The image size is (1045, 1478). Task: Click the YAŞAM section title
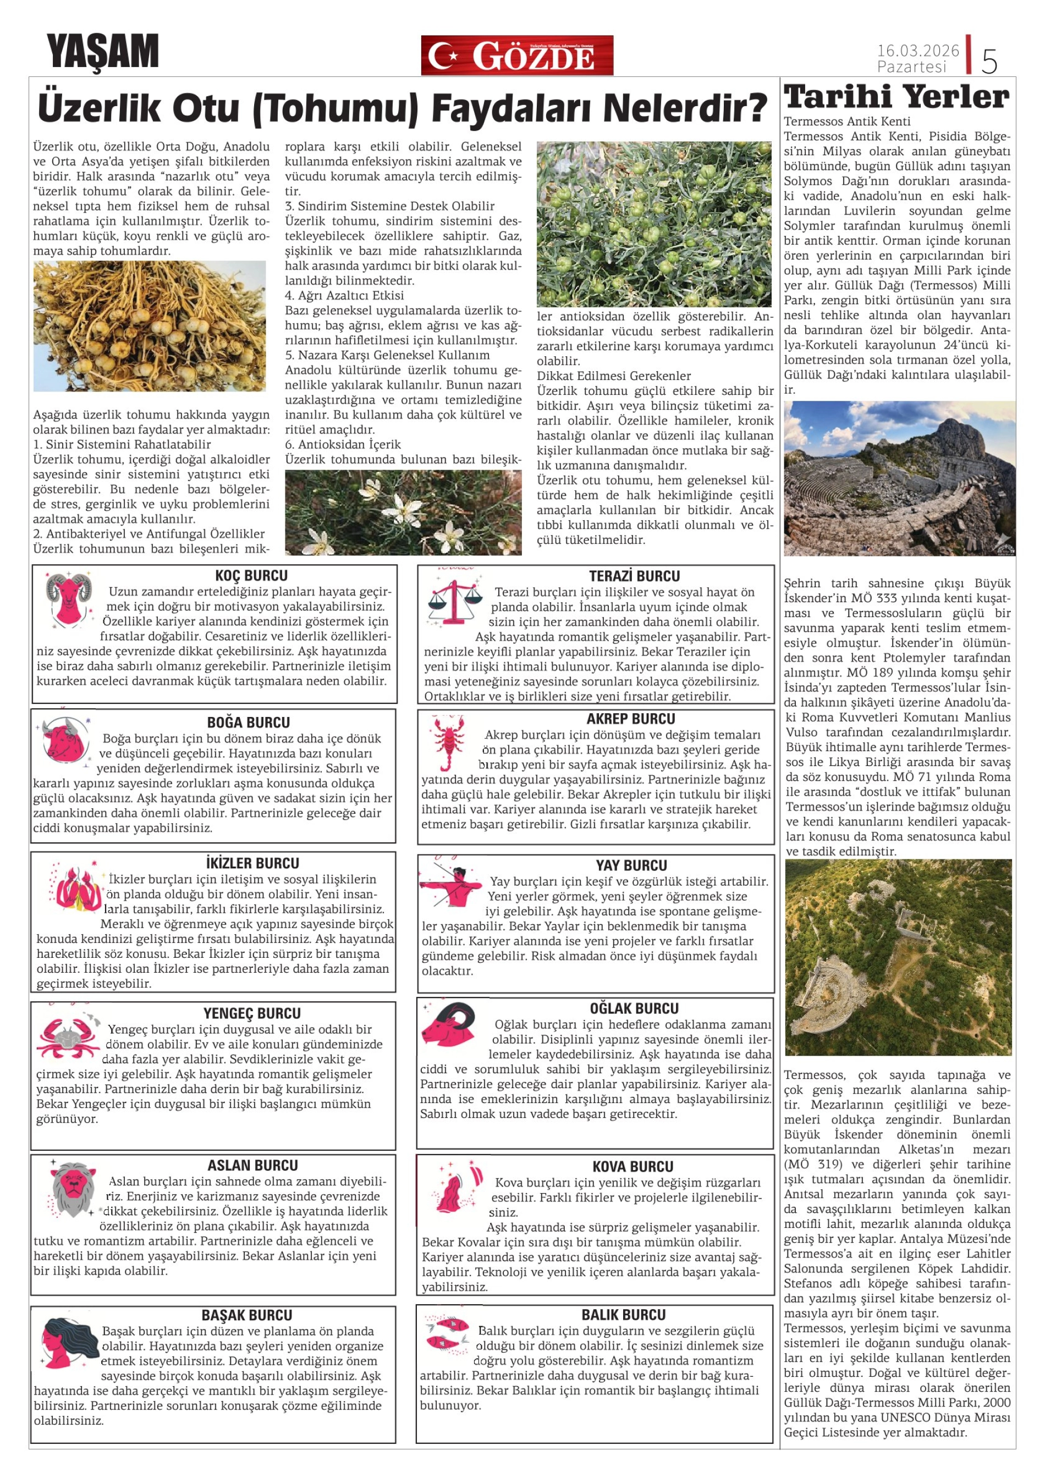(102, 52)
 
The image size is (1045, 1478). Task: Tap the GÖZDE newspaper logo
(516, 56)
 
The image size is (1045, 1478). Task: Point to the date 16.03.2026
(917, 50)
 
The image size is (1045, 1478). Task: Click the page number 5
(989, 61)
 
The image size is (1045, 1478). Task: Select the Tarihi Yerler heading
(897, 97)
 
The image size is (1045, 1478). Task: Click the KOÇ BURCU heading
(251, 576)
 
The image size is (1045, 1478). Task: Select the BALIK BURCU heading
(623, 1315)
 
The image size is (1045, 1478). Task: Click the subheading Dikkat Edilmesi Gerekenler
(614, 376)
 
